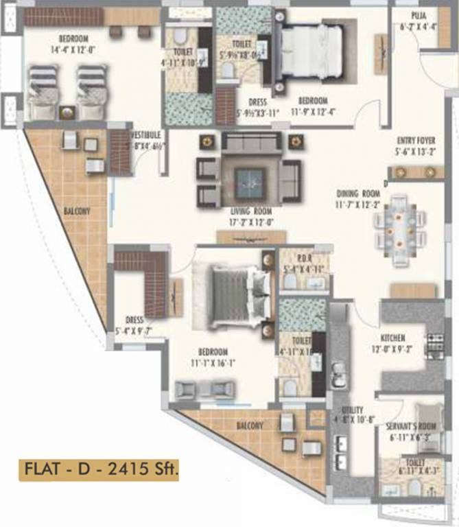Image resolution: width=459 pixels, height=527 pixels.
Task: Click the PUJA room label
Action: point(419,14)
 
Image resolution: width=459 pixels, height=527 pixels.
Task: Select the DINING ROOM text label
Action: point(357,194)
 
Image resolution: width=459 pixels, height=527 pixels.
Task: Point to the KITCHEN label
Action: point(393,338)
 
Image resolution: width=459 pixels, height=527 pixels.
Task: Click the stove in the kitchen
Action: point(436,343)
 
